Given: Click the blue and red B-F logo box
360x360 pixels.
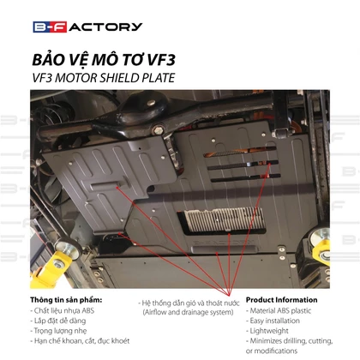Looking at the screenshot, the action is click(50, 27).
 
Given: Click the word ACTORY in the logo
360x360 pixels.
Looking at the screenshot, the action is click(105, 27).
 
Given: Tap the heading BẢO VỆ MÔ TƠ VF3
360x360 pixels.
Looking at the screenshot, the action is click(104, 60).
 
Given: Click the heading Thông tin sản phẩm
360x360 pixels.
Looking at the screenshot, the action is click(66, 300).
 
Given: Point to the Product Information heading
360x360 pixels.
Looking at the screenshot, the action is click(281, 300).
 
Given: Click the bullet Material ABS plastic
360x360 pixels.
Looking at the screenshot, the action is click(279, 310).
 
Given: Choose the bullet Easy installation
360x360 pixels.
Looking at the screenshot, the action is click(273, 321).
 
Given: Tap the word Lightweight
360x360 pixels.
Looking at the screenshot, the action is click(269, 331).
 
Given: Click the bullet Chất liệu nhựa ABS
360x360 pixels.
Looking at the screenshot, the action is click(63, 310).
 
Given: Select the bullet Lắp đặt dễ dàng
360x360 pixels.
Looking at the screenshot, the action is click(58, 321).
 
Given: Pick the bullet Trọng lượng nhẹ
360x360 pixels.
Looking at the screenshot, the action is click(58, 331).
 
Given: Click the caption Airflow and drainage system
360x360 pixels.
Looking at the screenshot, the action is click(188, 312).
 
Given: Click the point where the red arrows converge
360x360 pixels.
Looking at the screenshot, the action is click(229, 295).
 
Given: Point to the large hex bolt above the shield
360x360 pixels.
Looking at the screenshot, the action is click(158, 130).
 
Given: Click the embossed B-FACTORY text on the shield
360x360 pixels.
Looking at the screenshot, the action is click(224, 242).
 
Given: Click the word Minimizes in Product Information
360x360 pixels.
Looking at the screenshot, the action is click(266, 341).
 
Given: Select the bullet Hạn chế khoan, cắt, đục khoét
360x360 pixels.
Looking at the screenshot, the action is click(80, 341).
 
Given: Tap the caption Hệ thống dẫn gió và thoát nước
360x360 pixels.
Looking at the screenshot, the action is click(189, 303).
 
